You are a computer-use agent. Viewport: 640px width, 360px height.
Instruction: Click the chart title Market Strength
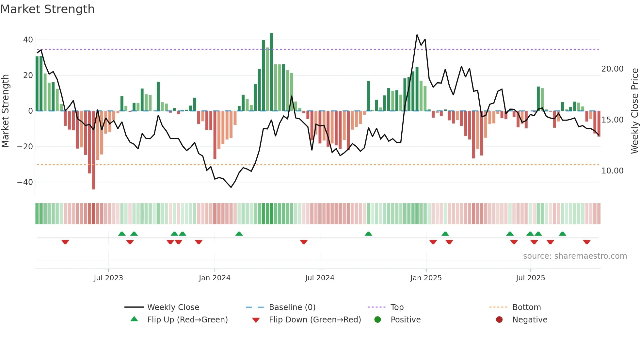point(47,9)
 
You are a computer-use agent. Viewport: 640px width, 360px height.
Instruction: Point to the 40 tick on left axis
point(28,40)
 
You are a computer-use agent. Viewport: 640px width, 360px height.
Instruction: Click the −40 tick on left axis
point(25,182)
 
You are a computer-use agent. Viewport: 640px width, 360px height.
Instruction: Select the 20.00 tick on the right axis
point(612,69)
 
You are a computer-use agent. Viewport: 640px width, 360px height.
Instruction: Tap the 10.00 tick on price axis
point(612,171)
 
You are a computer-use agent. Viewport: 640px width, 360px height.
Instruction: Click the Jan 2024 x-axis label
point(215,278)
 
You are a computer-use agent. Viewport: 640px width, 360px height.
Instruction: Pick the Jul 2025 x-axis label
point(530,278)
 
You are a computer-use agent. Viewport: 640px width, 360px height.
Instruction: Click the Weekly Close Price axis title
point(634,111)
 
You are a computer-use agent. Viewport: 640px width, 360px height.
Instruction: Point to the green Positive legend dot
point(377,320)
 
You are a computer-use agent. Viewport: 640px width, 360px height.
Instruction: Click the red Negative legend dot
point(499,320)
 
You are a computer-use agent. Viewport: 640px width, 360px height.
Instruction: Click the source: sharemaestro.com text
point(575,256)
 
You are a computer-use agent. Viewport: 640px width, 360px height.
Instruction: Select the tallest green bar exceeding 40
point(271,72)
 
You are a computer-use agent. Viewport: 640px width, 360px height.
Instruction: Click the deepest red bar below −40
point(94,150)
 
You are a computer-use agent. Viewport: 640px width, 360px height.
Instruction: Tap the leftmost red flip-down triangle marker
point(65,242)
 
